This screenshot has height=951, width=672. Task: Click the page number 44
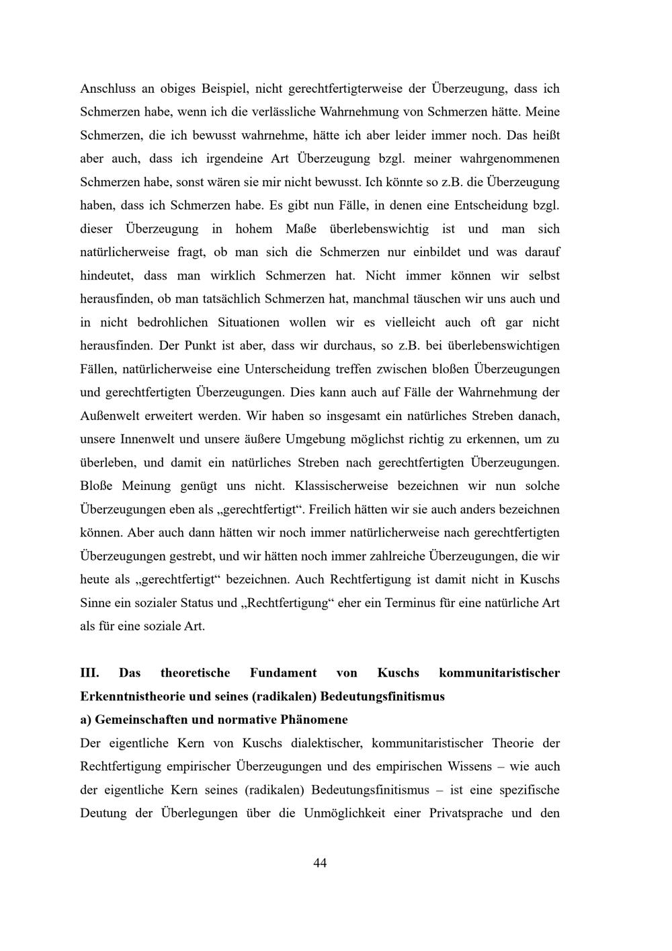click(320, 863)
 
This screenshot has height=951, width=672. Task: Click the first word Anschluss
click(108, 89)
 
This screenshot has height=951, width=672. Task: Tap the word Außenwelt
click(109, 416)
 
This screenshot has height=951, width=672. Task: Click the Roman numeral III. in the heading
click(89, 673)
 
